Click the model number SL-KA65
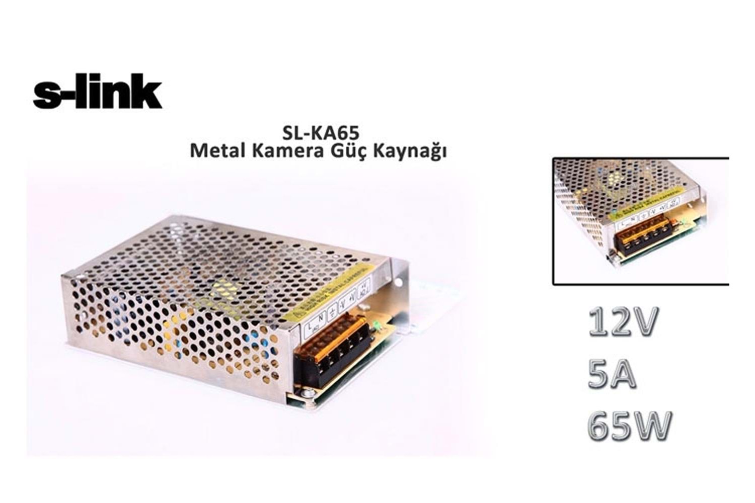pyautogui.click(x=321, y=133)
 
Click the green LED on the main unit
pyautogui.click(x=376, y=325)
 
